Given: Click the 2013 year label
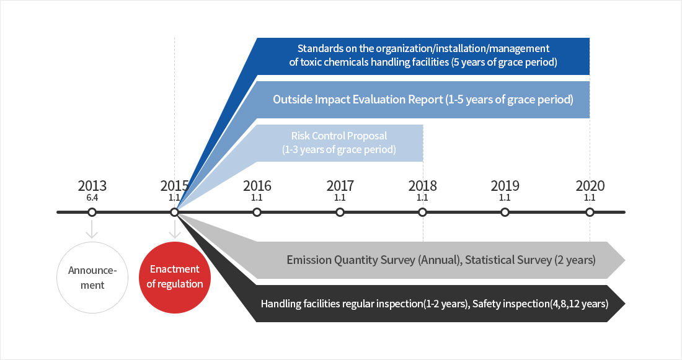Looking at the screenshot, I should [92, 186].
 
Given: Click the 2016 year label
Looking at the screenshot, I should [257, 186].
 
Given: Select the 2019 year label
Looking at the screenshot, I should [505, 186].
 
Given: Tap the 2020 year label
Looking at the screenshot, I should [590, 186].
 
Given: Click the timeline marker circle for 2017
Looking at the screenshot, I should [340, 213].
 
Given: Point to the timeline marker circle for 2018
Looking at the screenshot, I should [422, 213].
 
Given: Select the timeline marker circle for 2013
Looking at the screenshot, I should [92, 213].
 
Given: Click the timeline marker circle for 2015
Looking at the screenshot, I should [174, 213].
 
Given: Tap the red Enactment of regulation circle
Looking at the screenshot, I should [175, 277].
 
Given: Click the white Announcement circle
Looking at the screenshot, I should [92, 277].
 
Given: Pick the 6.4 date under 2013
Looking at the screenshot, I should [92, 198].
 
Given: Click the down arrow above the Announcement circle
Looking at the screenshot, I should [92, 230].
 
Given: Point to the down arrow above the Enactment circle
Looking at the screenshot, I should [175, 230].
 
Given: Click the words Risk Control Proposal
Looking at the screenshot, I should [339, 136].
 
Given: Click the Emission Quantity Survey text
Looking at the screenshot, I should [372, 260].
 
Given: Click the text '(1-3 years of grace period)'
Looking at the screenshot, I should [339, 149].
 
